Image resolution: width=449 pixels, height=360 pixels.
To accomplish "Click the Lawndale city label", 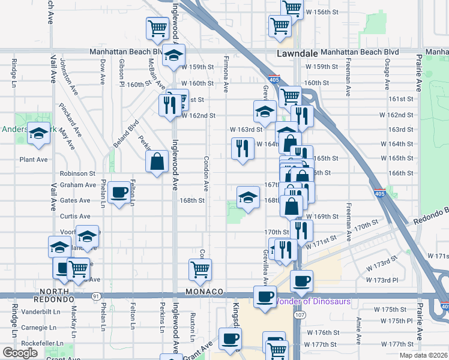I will pos(297,53).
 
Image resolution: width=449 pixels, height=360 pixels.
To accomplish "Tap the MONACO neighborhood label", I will pos(204,291).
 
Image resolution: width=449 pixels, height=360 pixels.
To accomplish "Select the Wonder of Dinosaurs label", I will pos(312,301).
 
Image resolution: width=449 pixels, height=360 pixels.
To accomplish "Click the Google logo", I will pos(20,353).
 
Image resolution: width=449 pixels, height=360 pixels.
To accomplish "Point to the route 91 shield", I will pos(95,296).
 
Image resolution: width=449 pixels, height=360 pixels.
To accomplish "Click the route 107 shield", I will pos(300,315).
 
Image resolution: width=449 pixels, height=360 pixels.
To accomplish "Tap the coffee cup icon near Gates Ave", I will pos(120,193).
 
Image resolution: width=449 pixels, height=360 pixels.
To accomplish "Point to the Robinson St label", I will pos(77,173).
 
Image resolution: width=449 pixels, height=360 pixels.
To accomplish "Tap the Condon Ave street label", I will pos(206,170).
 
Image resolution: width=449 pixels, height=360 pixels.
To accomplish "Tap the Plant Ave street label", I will pos(34,160).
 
